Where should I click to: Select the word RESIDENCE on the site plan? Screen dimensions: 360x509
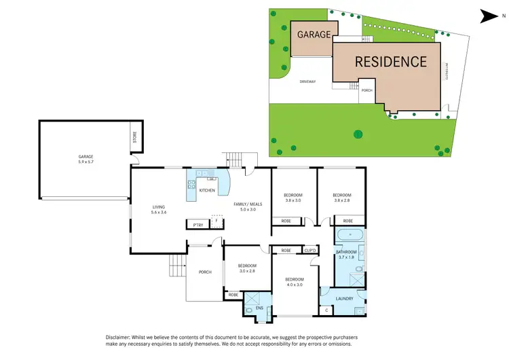[x=391, y=62]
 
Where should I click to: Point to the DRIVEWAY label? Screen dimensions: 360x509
[x=307, y=82]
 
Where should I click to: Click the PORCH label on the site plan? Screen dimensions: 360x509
[x=366, y=90]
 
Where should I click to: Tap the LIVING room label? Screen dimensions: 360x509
[x=159, y=207]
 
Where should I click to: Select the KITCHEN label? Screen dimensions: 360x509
[x=208, y=190]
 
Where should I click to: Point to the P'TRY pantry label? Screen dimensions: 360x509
[x=198, y=225]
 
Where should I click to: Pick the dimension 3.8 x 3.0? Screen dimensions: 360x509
[x=293, y=201]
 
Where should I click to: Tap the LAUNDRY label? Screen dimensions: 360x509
[x=343, y=298]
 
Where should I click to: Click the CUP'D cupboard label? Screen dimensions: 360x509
[x=309, y=251]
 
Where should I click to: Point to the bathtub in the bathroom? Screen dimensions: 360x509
[x=350, y=235]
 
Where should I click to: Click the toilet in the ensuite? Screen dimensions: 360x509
[x=250, y=310]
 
